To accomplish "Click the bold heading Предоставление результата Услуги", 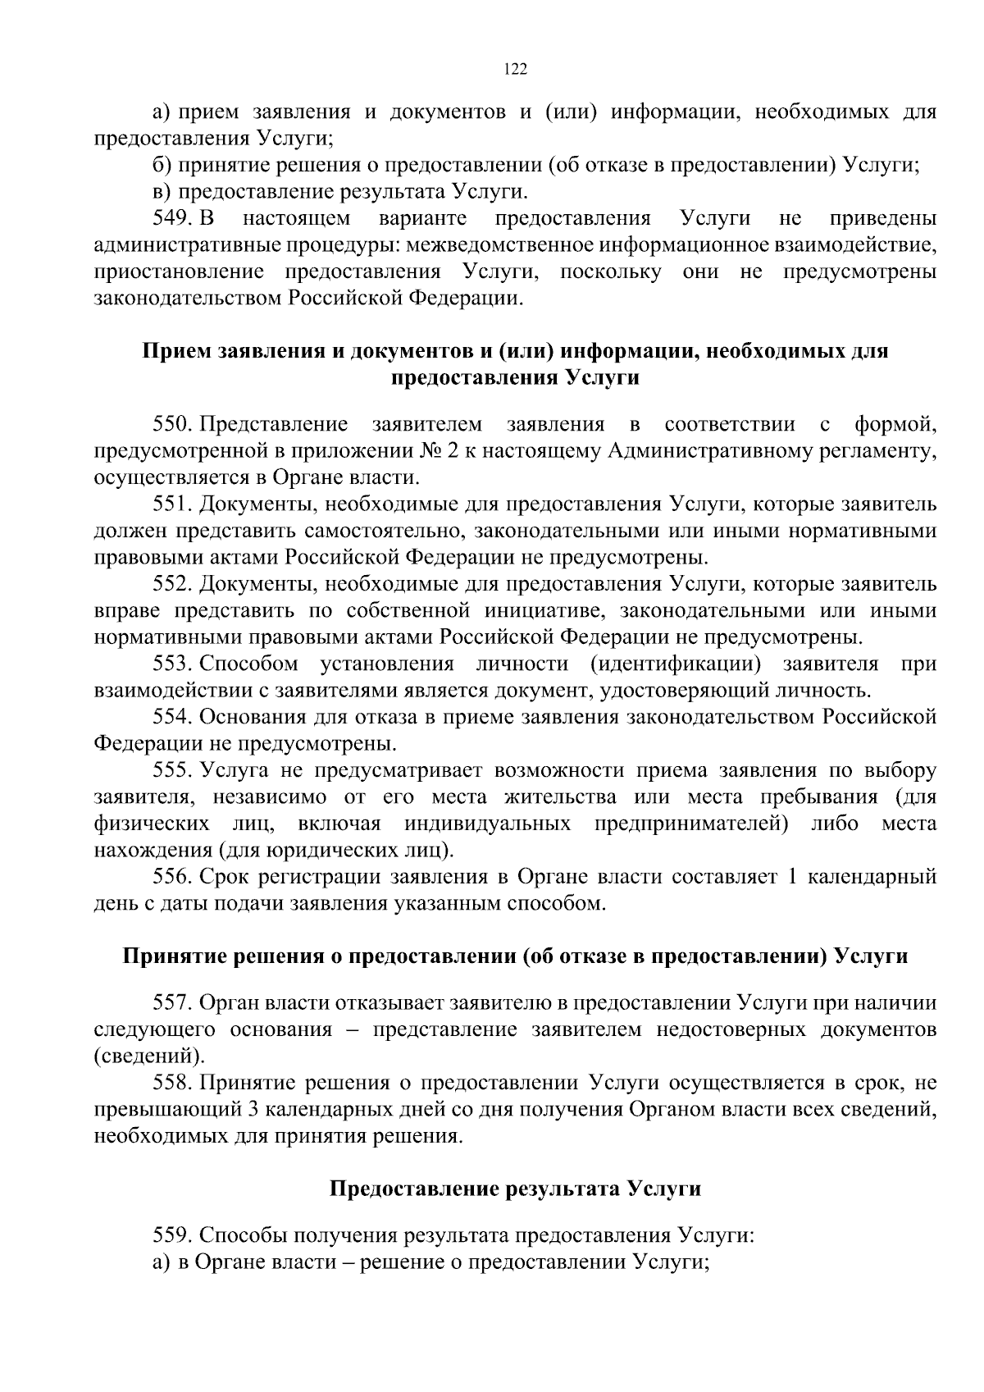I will coord(515,1189).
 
